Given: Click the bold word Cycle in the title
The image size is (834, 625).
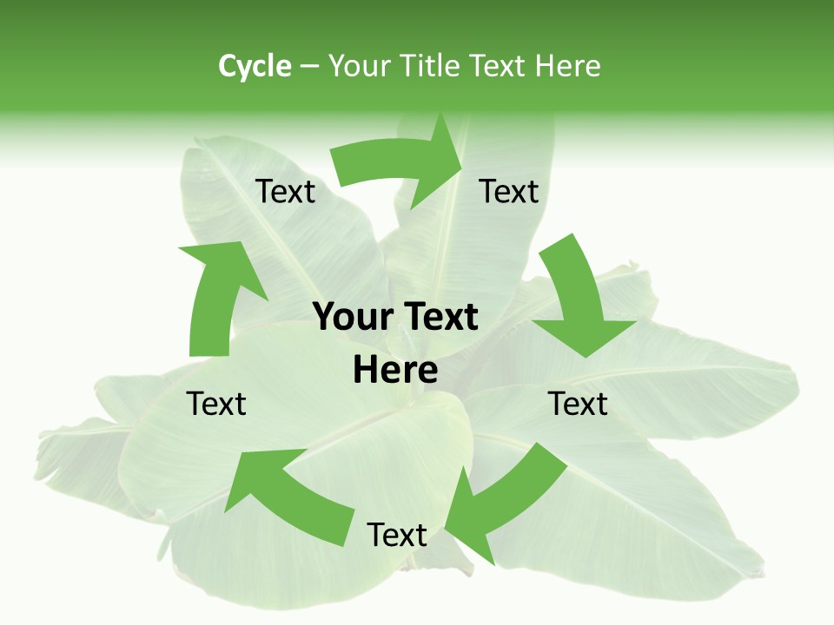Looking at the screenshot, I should click(x=255, y=66).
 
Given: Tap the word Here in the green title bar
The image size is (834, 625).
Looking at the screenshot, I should click(x=568, y=66).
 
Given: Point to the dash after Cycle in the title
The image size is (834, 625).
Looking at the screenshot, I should click(x=310, y=67).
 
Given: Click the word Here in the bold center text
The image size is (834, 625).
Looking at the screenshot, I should click(x=395, y=370).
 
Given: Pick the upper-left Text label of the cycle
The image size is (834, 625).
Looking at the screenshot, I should click(x=285, y=191).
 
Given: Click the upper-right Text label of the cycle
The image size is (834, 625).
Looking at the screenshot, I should click(x=509, y=191).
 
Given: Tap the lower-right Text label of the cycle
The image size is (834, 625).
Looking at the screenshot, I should click(x=578, y=404).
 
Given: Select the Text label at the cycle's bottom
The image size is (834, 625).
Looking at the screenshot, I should click(x=397, y=535).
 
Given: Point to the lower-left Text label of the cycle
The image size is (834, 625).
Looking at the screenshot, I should click(x=217, y=404).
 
